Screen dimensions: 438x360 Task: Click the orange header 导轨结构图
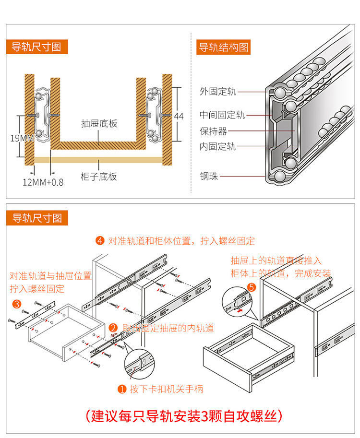(224, 47)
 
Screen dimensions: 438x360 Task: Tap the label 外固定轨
(218, 92)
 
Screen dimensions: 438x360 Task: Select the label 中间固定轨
(222, 115)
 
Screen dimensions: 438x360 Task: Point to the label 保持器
(214, 131)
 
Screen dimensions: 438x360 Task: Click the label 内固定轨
(218, 147)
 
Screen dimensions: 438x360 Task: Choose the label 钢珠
(209, 177)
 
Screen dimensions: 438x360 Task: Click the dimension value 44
(179, 116)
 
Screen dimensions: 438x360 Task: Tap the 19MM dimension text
(22, 138)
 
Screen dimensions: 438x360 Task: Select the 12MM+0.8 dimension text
(43, 182)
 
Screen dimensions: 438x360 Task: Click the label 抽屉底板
(99, 124)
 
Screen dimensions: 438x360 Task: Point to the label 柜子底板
(99, 177)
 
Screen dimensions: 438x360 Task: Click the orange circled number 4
(100, 241)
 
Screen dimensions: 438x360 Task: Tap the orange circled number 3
(16, 304)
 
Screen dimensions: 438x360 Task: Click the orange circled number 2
(114, 328)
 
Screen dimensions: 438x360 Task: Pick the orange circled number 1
(122, 389)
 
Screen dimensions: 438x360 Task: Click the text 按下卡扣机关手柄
(167, 389)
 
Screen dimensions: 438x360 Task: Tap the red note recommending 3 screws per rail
(183, 415)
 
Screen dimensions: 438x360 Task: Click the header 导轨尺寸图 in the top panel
(37, 47)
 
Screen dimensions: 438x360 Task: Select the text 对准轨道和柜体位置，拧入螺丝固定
(181, 241)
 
